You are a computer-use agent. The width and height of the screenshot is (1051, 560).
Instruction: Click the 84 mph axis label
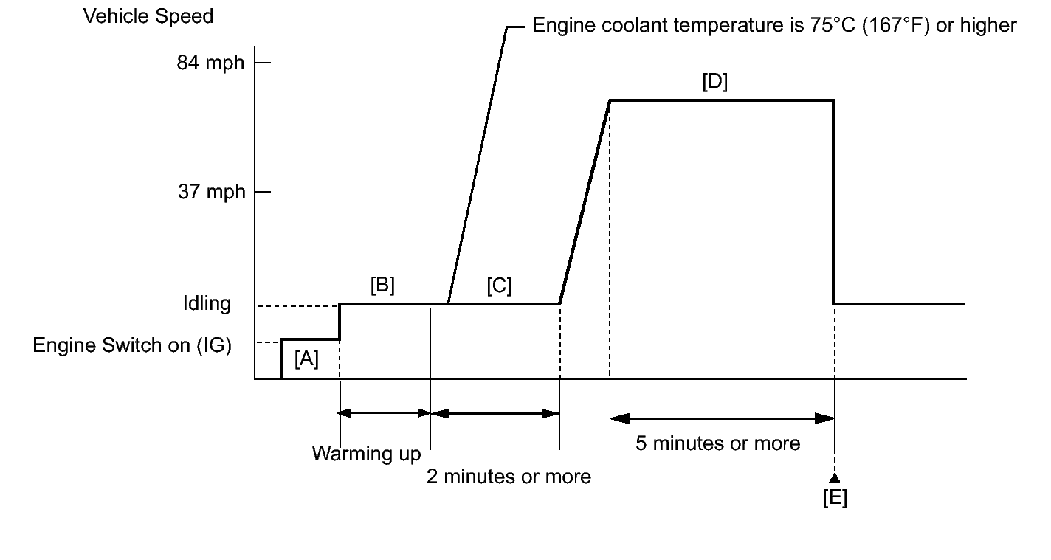(210, 63)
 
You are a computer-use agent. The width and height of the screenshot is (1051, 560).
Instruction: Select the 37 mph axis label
(210, 193)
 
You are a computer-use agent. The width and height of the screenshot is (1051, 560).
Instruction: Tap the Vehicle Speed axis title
(148, 16)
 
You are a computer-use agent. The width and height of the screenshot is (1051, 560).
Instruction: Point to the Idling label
(207, 303)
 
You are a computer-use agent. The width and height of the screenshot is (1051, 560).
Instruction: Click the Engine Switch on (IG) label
(132, 345)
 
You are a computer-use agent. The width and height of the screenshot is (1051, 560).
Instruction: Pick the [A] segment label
(306, 360)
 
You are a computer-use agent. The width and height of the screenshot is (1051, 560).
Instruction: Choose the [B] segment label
(382, 286)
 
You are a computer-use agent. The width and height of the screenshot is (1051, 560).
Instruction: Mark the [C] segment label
(499, 286)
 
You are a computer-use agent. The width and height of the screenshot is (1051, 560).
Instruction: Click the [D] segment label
(714, 82)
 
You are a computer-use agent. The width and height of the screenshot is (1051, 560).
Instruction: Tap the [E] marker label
(835, 499)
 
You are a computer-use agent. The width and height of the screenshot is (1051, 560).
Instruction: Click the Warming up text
(366, 453)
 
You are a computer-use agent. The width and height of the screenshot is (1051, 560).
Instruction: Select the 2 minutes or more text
(509, 477)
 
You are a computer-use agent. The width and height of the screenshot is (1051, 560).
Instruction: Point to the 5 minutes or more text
(717, 443)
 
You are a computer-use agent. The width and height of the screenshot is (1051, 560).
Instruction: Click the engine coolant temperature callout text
(774, 26)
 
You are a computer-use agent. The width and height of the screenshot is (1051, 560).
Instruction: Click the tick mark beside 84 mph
(263, 63)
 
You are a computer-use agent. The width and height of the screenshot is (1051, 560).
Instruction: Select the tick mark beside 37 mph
(263, 193)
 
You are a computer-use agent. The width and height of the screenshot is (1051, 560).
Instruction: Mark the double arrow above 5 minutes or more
(722, 418)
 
